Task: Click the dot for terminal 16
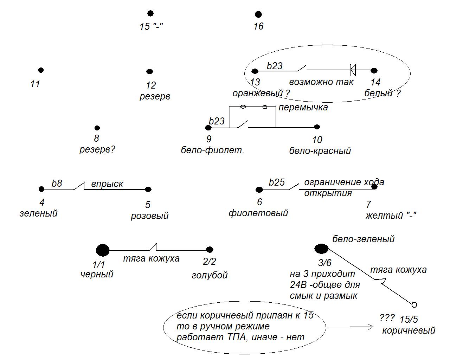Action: coord(258,14)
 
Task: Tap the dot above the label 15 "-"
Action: coord(150,13)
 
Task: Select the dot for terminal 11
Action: coord(41,70)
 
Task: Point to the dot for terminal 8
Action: coord(97,128)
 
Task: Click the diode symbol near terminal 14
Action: coord(353,70)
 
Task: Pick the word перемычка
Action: coord(303,107)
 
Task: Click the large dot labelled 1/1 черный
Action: coord(103,250)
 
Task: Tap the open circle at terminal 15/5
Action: coord(414,304)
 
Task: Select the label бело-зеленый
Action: coord(364,239)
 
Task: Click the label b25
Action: coord(277,182)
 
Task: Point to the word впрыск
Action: coord(107,184)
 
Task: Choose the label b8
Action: coord(57,183)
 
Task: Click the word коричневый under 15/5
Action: coord(409,330)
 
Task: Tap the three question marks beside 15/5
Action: coord(387,318)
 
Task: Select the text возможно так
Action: coord(321,82)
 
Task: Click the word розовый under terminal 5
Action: coord(149,216)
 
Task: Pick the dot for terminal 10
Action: coord(317,127)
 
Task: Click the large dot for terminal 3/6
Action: coord(321,249)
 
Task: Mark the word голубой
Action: coord(210,275)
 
